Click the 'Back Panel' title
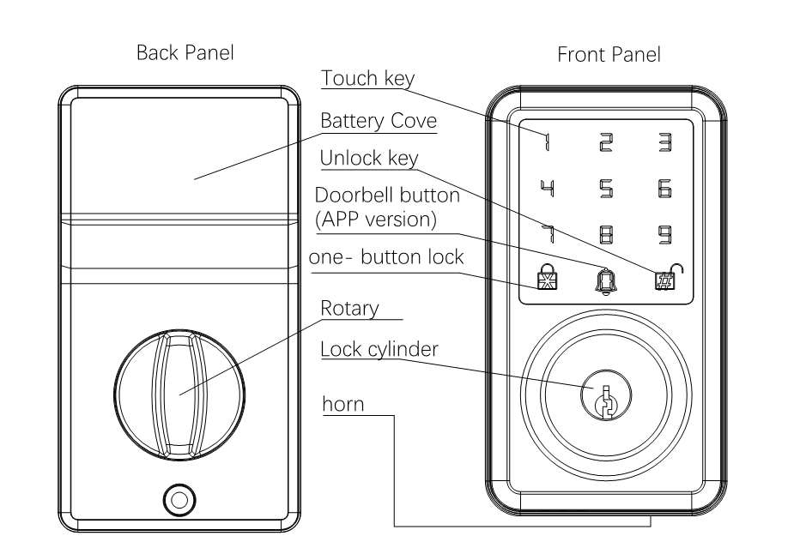pos(185,53)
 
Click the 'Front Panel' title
pos(609,56)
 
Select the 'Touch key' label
pos(367,79)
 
